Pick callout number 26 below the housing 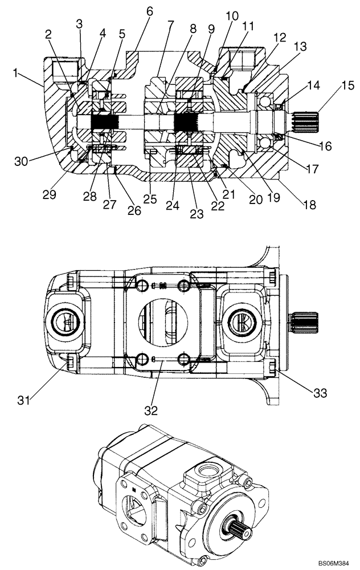pyautogui.click(x=134, y=210)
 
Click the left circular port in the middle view pyautogui.click(x=66, y=323)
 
